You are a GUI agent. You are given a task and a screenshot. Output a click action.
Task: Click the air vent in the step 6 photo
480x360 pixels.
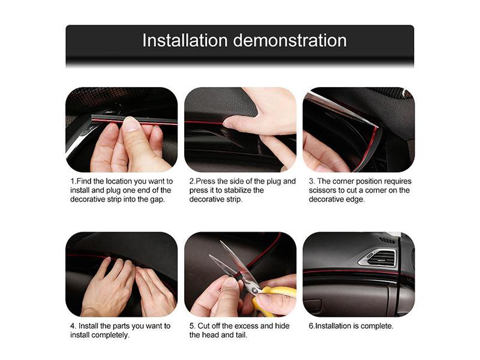(378, 257)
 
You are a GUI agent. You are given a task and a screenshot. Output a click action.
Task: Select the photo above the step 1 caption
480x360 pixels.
(121, 130)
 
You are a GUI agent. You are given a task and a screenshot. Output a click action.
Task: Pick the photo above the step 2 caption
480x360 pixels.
(240, 130)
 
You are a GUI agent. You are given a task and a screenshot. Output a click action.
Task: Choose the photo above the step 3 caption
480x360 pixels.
(358, 130)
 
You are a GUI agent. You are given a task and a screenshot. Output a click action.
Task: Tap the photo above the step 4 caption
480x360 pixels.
(121, 274)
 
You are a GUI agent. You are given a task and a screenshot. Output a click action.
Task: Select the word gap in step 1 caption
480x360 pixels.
(155, 199)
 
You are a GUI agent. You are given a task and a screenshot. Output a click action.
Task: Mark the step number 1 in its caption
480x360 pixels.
(73, 181)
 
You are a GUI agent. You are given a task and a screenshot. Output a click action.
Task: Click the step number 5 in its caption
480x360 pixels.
(192, 326)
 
